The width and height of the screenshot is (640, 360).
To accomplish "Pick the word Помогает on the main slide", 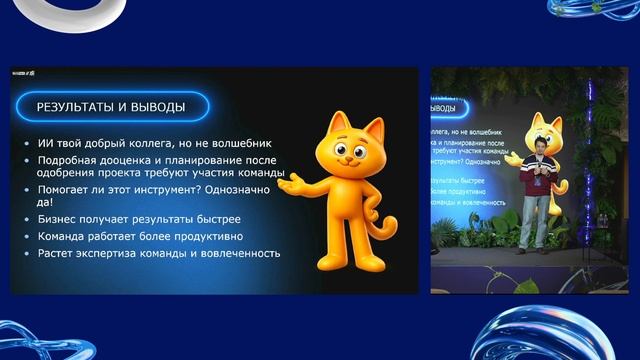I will (x=67, y=187).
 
